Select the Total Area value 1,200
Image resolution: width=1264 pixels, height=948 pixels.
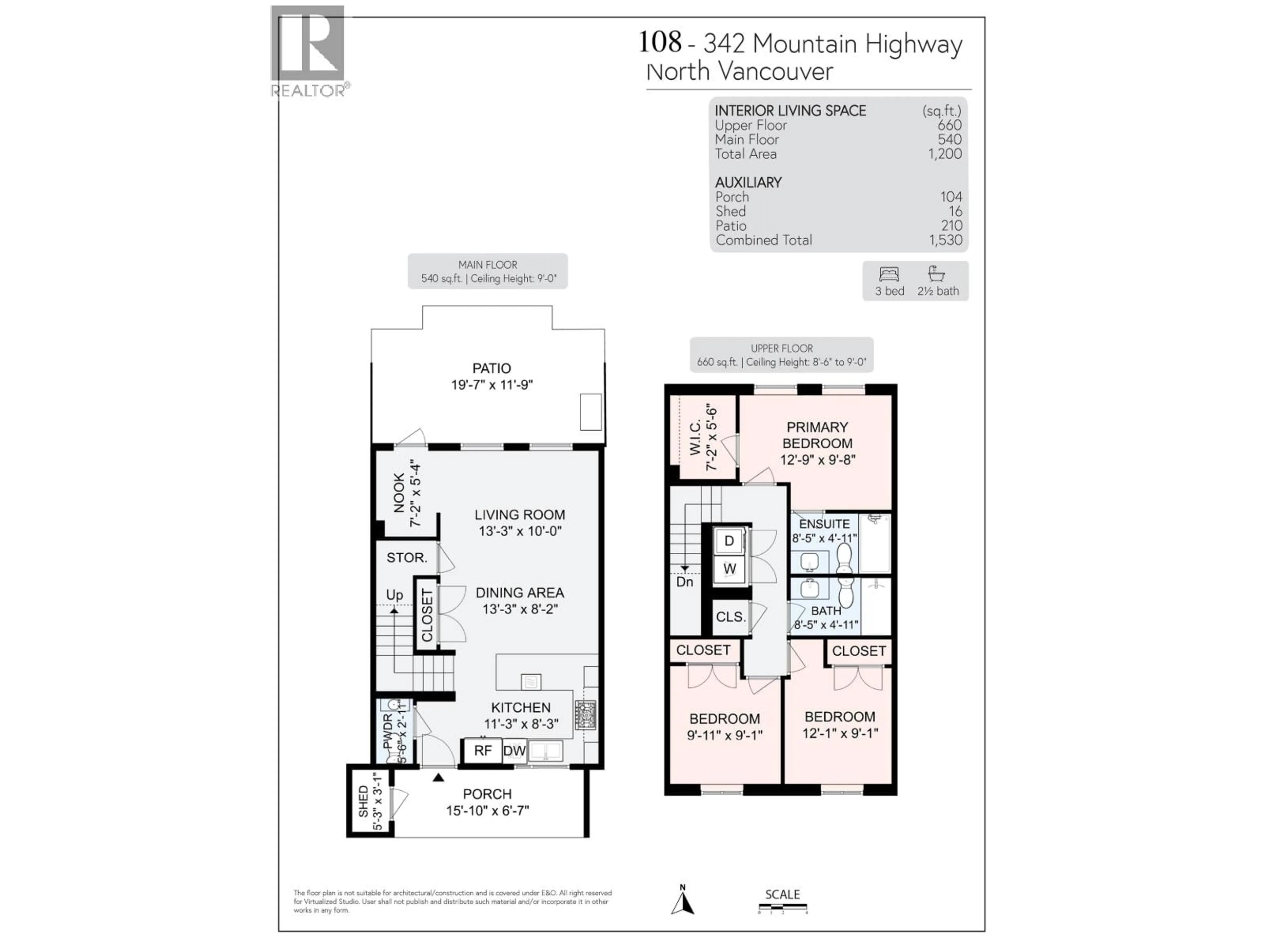point(945,154)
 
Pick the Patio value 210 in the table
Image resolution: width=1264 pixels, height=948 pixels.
point(951,226)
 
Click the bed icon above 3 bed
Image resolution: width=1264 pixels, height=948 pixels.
point(889,274)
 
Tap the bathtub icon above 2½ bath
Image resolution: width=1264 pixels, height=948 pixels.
point(936,274)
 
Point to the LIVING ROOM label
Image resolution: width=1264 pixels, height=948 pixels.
point(519,515)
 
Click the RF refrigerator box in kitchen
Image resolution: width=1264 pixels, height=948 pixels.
point(482,750)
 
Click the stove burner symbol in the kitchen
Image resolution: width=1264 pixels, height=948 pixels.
point(585,714)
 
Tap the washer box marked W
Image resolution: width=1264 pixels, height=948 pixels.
point(729,569)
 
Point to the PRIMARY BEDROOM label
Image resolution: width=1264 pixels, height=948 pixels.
point(817,435)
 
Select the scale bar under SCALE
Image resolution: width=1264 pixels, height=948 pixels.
point(782,907)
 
